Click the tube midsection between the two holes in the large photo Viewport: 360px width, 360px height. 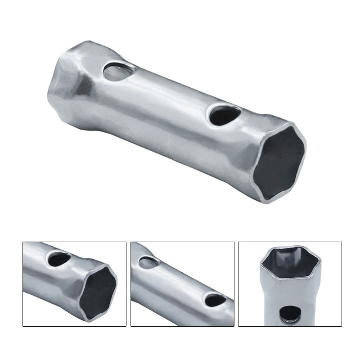(x=166, y=94)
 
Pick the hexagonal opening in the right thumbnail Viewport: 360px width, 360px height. (x=289, y=265)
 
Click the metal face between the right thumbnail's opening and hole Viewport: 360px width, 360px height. (x=290, y=292)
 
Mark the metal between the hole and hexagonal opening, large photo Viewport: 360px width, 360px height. (x=243, y=130)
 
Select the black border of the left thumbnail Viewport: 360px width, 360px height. (x=23, y=283)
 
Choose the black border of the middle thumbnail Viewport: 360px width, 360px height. (x=131, y=283)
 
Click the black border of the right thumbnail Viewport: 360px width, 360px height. (x=238, y=283)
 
